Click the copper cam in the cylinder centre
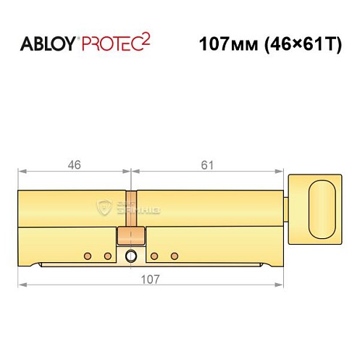coord(131,235)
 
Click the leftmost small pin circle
coord(88,255)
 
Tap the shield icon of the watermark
coord(110,207)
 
